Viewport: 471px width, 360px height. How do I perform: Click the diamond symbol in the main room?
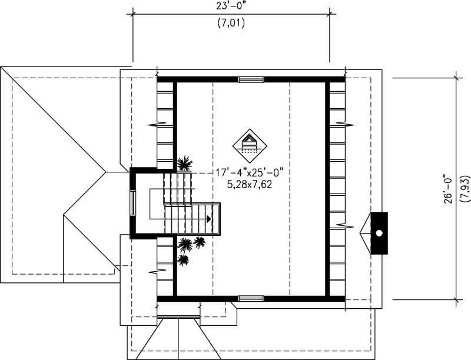click(x=250, y=143)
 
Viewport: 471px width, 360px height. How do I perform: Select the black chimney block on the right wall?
click(x=379, y=233)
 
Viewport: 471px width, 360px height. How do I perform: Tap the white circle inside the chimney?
click(x=380, y=234)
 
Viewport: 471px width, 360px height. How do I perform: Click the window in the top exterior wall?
click(x=250, y=79)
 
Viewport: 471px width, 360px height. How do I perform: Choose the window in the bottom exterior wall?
click(x=250, y=299)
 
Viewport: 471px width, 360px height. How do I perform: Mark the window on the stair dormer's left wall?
click(x=132, y=203)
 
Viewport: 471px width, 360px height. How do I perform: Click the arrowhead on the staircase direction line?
click(x=208, y=218)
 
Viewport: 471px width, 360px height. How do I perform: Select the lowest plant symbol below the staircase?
click(x=184, y=259)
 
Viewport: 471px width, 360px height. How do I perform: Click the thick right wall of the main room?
click(x=327, y=188)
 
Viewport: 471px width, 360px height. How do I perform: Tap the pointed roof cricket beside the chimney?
click(x=365, y=233)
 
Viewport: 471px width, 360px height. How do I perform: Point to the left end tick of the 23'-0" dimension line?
click(x=132, y=13)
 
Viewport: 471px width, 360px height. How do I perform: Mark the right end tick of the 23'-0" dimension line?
click(x=329, y=13)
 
